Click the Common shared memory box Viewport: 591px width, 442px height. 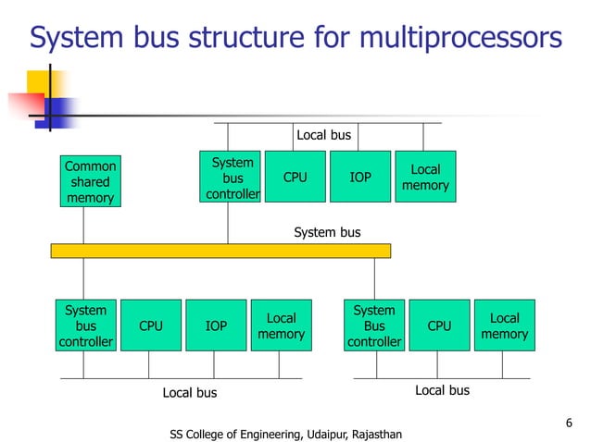(90, 181)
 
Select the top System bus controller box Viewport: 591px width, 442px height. (232, 177)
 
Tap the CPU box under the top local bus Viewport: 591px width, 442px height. (295, 177)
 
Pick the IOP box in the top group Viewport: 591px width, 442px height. (359, 177)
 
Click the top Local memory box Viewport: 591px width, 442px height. (425, 177)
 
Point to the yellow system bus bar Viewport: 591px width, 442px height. (220, 251)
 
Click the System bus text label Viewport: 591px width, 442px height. (327, 232)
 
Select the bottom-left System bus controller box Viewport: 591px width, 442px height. (85, 325)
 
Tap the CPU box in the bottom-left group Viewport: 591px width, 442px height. (150, 325)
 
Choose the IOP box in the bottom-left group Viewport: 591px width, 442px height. (216, 325)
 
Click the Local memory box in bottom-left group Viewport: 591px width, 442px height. (281, 325)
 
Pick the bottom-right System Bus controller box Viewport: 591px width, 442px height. (374, 325)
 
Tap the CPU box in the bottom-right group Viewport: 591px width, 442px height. (439, 325)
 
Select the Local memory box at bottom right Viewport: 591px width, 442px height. (504, 325)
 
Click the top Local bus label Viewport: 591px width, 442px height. (323, 135)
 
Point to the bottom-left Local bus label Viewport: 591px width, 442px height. (190, 393)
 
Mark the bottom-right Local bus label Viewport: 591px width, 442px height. (442, 390)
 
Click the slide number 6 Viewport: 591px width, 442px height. (569, 424)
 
